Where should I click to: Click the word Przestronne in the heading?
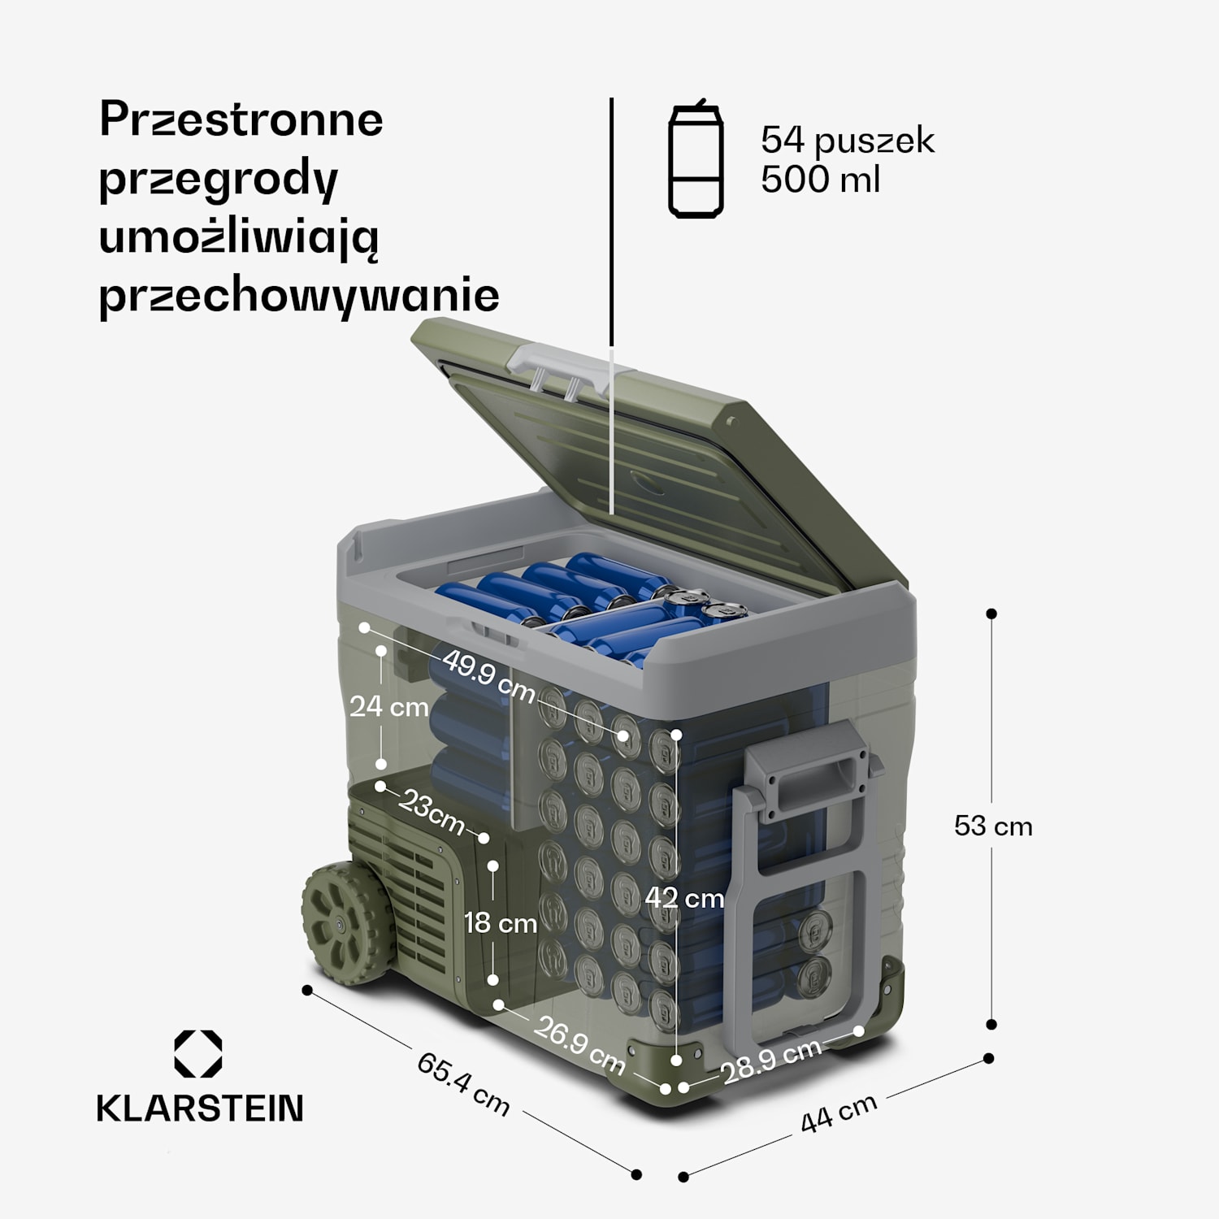click(241, 120)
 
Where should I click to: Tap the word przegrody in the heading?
click(218, 180)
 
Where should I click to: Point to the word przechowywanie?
click(298, 296)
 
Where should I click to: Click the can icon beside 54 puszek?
click(696, 159)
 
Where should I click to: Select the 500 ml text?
click(819, 179)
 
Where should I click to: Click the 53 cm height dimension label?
click(992, 826)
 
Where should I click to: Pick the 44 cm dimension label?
click(838, 1113)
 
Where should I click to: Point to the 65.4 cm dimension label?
click(463, 1084)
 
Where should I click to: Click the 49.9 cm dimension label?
click(488, 676)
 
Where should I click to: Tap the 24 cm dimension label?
click(388, 706)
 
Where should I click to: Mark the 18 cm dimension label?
click(500, 923)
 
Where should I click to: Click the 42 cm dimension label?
click(683, 898)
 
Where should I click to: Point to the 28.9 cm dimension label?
click(771, 1061)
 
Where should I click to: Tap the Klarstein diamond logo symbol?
click(198, 1054)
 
